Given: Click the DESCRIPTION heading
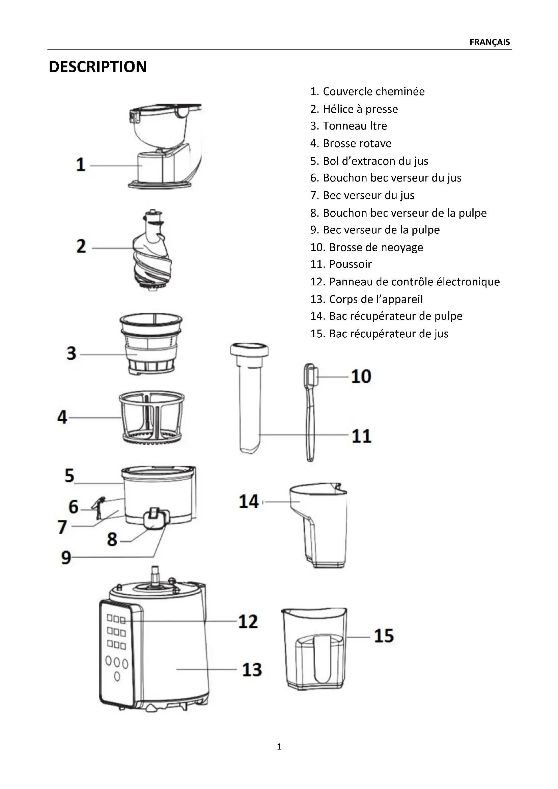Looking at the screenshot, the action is point(97,67).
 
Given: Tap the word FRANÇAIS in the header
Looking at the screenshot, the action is point(490,42).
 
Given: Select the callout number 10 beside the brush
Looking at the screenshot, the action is point(361,376).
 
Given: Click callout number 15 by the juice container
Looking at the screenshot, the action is point(384,636).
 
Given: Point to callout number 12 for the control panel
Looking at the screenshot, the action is point(248,621).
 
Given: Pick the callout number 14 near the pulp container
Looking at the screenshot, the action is point(249,501).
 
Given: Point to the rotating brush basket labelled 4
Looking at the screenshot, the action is point(151,418).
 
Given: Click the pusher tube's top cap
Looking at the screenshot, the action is point(249,350).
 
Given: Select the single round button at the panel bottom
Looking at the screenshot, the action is point(117,677).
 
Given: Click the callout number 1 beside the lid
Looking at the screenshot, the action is point(81,165).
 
